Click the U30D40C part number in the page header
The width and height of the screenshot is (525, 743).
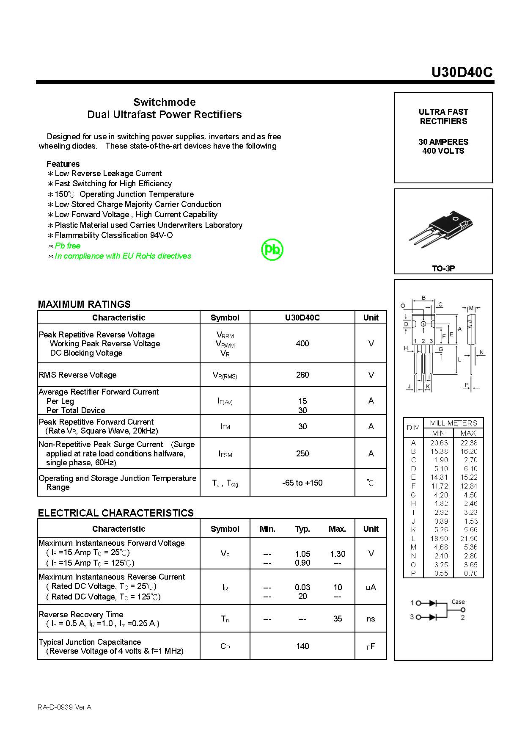462,72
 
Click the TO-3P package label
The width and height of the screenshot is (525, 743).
443,268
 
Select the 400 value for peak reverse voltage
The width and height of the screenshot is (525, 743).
302,343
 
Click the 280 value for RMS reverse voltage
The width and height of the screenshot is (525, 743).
302,375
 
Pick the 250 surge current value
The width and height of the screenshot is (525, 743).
302,453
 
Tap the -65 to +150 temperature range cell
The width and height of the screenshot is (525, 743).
302,483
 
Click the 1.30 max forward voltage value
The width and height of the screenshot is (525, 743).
337,554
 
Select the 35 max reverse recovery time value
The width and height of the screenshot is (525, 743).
337,619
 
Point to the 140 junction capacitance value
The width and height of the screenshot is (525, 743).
302,646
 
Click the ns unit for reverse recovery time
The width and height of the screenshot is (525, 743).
371,619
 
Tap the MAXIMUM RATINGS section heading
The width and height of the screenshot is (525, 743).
84,304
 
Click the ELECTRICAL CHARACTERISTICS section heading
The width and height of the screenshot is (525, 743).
115,513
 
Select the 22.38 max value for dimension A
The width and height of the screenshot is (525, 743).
469,443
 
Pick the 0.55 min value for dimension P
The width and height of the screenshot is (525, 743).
440,573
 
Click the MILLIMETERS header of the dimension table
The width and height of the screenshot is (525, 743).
453,423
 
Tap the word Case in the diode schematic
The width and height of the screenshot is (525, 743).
458,602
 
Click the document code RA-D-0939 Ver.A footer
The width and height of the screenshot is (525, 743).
64,707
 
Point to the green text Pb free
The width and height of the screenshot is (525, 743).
67,246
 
